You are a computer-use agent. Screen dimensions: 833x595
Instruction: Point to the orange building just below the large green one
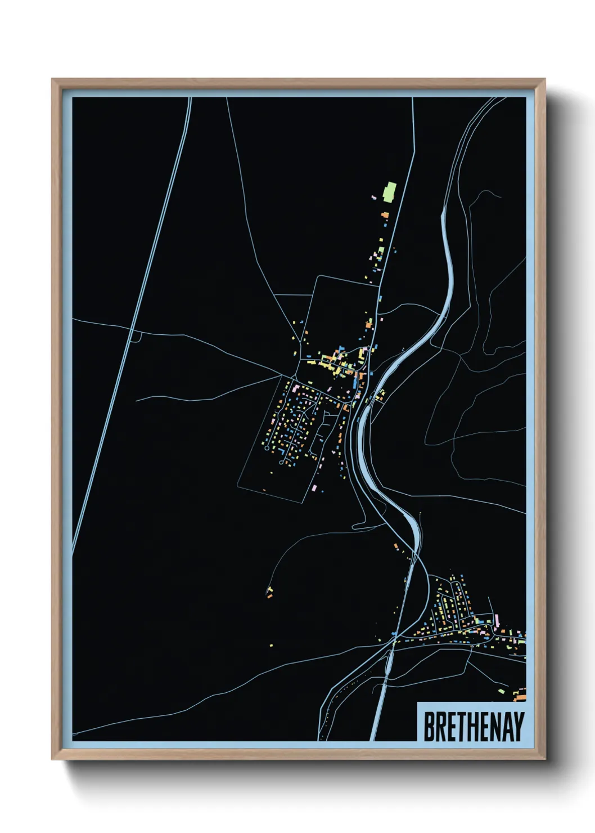(385, 214)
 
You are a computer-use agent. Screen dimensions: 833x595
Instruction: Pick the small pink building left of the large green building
(373, 197)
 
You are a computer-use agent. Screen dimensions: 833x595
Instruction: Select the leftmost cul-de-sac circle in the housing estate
(267, 449)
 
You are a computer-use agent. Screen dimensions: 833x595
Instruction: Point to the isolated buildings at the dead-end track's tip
(269, 592)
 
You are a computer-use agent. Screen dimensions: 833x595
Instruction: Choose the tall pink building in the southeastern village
(497, 621)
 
